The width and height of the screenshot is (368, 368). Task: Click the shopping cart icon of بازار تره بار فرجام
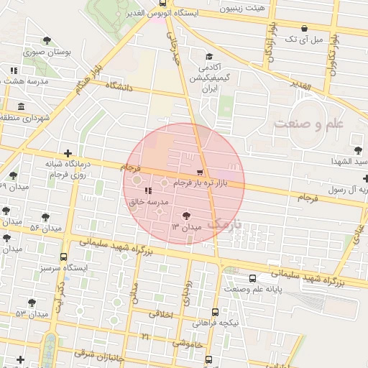(x=200, y=172)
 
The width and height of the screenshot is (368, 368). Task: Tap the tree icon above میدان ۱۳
(x=186, y=215)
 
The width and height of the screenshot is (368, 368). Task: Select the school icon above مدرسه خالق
(x=147, y=190)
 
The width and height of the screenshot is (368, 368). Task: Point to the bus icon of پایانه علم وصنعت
(x=252, y=278)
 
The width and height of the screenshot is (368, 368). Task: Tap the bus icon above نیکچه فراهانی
(x=216, y=312)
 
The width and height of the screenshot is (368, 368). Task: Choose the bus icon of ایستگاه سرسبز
(x=64, y=257)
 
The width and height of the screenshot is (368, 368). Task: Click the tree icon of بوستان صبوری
(x=47, y=41)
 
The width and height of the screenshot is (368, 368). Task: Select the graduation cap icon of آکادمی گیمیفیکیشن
(x=209, y=57)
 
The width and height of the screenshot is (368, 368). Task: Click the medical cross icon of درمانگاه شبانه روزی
(x=68, y=152)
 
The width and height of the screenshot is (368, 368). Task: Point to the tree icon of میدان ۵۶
(x=46, y=216)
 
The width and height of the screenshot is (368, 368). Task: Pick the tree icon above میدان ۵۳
(x=31, y=303)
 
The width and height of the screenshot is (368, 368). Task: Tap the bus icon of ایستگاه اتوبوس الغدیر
(x=162, y=4)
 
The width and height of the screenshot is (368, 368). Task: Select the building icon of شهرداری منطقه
(x=20, y=107)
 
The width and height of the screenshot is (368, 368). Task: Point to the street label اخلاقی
(x=162, y=313)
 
